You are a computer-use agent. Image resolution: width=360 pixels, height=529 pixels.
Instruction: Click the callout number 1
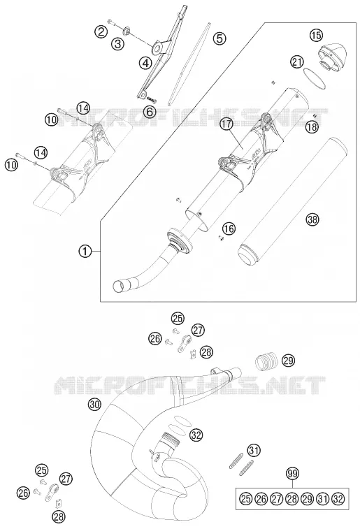[85, 251]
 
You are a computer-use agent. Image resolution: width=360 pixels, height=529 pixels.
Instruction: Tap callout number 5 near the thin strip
[219, 38]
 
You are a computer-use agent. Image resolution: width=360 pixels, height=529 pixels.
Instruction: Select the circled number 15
[316, 35]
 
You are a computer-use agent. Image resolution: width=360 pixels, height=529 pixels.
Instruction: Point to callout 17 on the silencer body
[226, 124]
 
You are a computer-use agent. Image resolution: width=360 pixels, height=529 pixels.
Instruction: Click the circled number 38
[312, 220]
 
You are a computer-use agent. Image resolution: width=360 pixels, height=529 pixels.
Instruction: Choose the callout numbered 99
[293, 473]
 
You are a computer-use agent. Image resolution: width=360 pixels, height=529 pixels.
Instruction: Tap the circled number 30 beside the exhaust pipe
[95, 404]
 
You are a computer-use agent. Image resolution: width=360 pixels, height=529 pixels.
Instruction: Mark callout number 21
[297, 62]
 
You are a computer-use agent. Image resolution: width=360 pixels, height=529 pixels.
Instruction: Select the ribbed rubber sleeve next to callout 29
[266, 361]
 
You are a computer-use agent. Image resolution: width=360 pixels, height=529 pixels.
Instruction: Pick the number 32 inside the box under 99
[338, 499]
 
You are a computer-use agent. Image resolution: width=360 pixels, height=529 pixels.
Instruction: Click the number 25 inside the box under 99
[246, 499]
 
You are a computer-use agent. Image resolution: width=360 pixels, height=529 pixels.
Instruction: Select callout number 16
[229, 229]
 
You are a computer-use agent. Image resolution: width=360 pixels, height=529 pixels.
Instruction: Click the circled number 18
[312, 127]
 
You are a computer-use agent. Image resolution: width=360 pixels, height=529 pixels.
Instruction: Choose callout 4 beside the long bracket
[145, 63]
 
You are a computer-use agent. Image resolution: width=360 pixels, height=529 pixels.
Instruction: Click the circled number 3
[118, 43]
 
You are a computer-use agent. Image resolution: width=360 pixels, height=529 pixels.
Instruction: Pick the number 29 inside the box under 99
[308, 499]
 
